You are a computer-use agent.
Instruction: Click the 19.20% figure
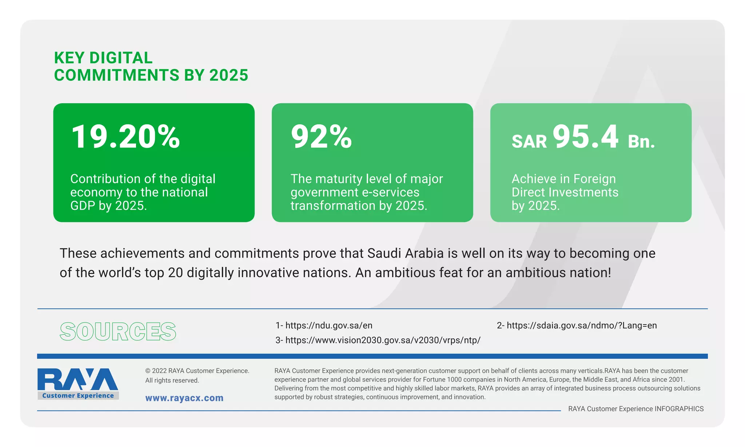pos(126,137)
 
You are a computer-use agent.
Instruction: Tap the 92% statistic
pos(321,137)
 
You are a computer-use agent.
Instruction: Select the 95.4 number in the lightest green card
pos(585,137)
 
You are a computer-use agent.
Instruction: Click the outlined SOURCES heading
pos(118,332)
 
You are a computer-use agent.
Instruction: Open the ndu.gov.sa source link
pos(324,325)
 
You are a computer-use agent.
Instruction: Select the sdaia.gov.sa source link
pos(577,325)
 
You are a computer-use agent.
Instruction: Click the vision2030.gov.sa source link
pos(378,340)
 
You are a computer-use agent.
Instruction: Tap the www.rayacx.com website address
pos(184,398)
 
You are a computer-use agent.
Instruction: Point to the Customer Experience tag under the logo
pos(78,396)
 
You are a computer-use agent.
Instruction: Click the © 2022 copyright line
pos(197,371)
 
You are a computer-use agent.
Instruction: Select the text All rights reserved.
pos(172,380)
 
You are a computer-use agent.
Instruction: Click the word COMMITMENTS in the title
pos(117,75)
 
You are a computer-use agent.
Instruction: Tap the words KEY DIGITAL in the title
pos(103,58)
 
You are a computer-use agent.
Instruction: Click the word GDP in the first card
pos(83,206)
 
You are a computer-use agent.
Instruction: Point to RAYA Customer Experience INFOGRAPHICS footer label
pos(636,409)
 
